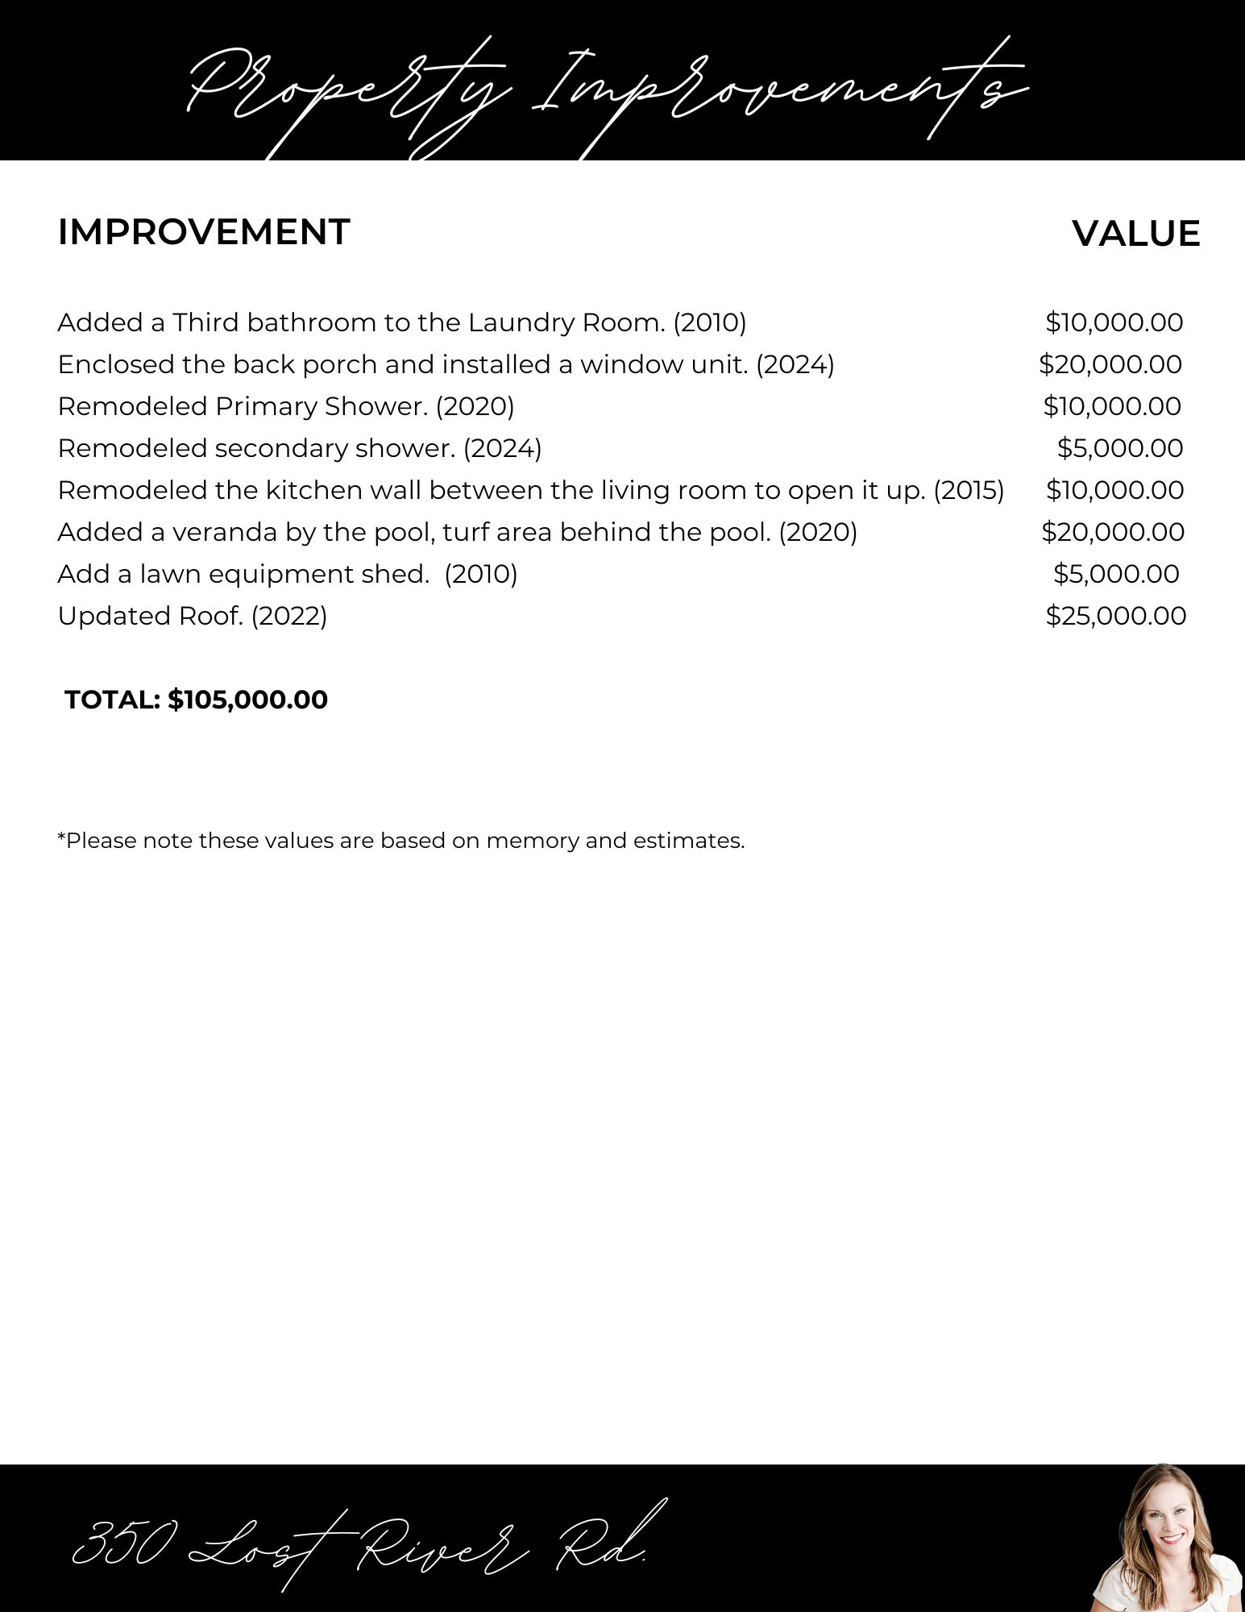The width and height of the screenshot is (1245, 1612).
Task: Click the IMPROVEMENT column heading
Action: click(x=204, y=232)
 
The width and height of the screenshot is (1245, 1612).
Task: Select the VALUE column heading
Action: click(x=1135, y=234)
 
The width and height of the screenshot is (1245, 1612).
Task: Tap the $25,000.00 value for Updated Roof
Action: click(x=1115, y=616)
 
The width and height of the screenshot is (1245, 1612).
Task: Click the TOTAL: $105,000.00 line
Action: click(x=197, y=700)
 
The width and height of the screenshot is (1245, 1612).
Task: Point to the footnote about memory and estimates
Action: click(x=400, y=841)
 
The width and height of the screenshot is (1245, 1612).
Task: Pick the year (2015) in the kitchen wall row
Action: click(x=969, y=490)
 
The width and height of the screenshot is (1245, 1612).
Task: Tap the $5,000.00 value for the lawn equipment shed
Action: click(x=1116, y=574)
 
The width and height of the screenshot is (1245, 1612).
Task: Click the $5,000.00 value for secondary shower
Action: click(x=1119, y=448)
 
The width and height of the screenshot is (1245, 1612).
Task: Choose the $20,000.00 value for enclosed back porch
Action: click(x=1110, y=364)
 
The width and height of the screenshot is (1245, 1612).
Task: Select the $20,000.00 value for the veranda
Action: click(x=1113, y=532)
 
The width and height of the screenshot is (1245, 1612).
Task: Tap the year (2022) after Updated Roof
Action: click(x=289, y=616)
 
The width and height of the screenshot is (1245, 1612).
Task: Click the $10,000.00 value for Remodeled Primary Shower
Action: click(x=1112, y=406)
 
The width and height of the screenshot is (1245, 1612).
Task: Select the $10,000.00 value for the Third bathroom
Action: click(x=1114, y=322)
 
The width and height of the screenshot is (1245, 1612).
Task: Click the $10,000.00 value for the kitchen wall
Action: click(x=1114, y=490)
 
